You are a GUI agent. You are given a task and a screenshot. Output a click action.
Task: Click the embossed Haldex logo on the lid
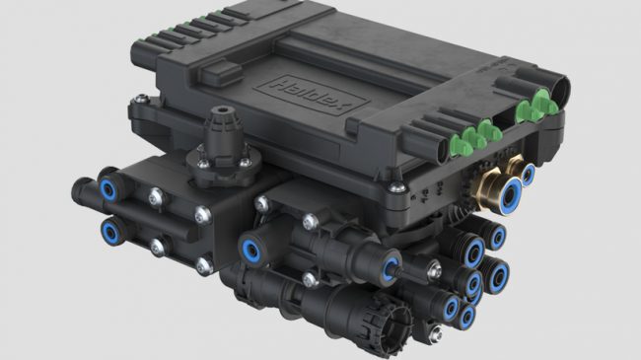pos(311,96)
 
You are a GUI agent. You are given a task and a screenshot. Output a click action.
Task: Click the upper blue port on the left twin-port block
pos(107,189)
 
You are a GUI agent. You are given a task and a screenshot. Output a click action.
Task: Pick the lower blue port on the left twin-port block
pos(110,232)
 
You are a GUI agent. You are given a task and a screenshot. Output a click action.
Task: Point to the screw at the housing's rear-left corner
pos(141,99)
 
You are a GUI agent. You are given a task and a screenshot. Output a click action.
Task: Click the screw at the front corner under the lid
pos(396,187)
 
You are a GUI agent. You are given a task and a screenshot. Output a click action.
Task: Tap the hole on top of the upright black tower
pos(222,109)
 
